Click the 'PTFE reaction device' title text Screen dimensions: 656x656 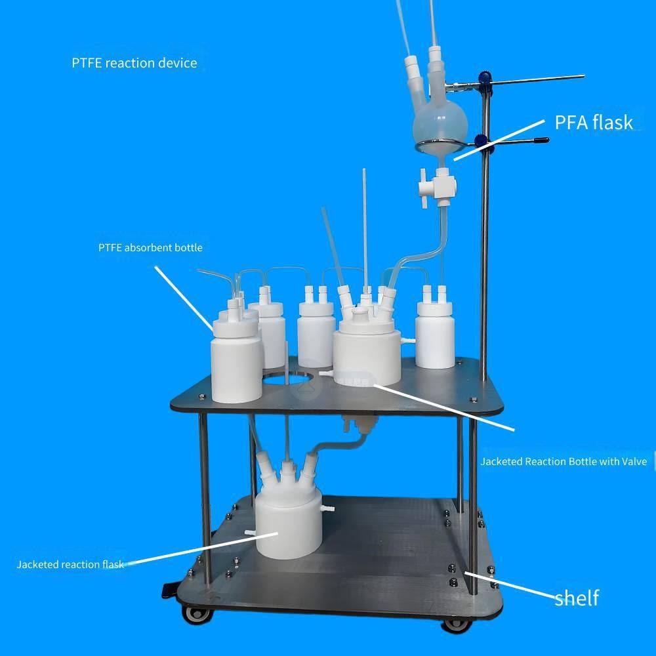[x=134, y=63]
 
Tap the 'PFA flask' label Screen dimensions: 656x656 [x=594, y=123]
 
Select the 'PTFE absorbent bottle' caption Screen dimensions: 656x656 [x=151, y=248]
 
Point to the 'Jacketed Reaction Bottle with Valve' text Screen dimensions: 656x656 [x=563, y=461]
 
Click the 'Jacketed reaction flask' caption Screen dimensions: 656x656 [x=70, y=564]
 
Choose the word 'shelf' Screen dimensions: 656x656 [x=577, y=598]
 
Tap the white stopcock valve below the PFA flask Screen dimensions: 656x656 [x=437, y=186]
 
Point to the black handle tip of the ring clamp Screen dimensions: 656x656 [x=543, y=140]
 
